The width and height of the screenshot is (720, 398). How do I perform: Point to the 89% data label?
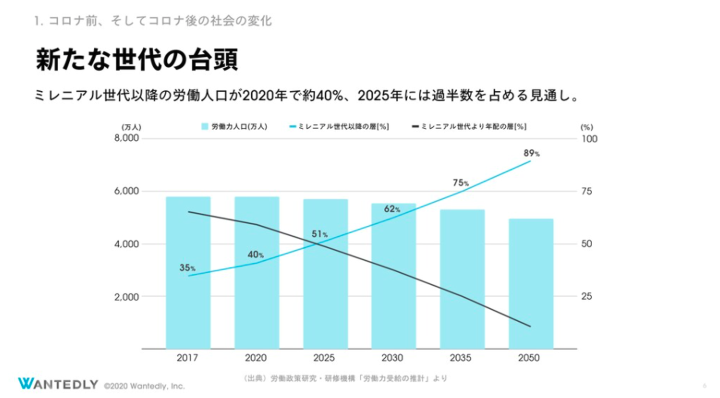531,153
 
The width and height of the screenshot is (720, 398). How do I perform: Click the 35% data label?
187,268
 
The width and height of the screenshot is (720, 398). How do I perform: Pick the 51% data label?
319,234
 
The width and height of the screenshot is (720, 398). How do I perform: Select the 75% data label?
460,183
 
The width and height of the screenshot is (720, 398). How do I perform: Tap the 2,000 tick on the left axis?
126,296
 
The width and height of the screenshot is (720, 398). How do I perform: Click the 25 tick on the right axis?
586,296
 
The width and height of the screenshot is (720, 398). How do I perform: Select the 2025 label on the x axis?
325,358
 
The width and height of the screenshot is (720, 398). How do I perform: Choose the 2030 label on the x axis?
393,358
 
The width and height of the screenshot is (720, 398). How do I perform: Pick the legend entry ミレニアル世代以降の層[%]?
340,126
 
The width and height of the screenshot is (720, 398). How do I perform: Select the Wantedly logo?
58,383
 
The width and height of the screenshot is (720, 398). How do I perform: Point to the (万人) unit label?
131,127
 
